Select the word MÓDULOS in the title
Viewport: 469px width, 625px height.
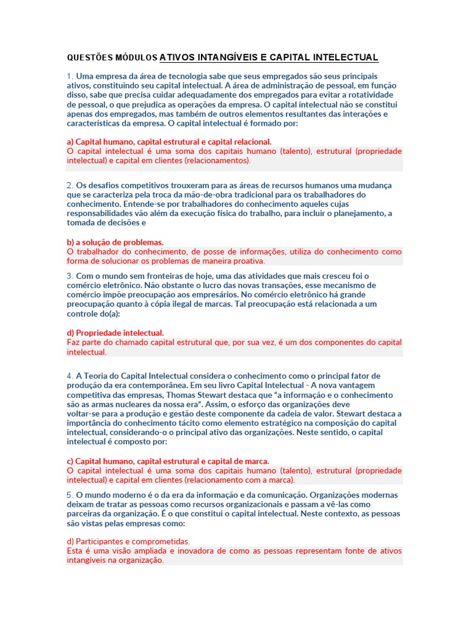point(137,59)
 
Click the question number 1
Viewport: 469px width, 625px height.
point(70,76)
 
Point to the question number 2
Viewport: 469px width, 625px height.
point(70,185)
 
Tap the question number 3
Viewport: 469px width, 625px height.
point(70,276)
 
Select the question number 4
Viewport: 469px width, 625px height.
point(70,375)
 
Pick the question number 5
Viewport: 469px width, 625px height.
point(70,495)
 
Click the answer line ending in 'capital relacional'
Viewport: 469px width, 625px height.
point(169,142)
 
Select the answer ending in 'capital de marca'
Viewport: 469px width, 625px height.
point(167,461)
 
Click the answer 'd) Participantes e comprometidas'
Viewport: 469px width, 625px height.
point(128,541)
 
